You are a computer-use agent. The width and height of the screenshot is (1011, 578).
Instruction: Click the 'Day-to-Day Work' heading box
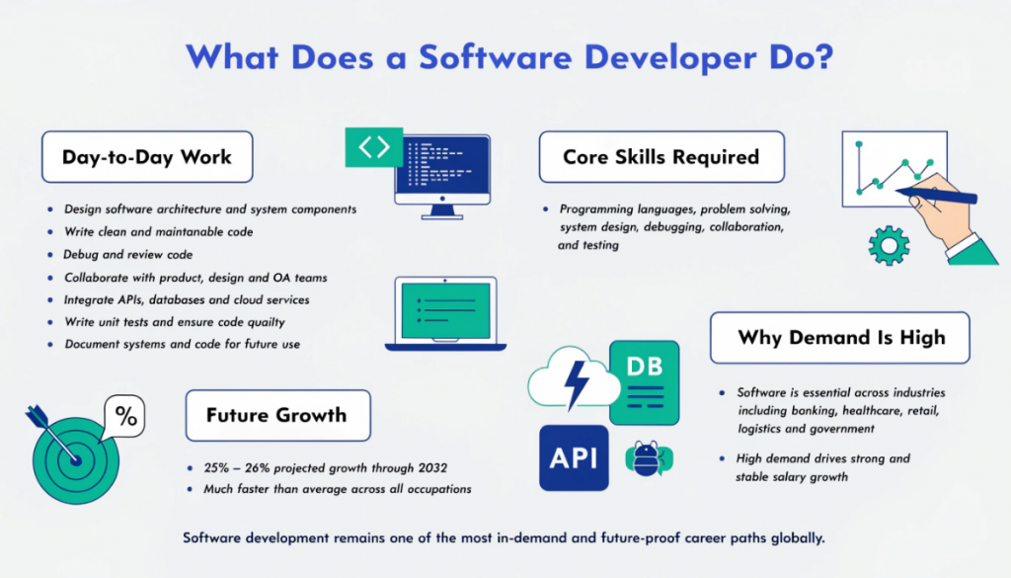(147, 157)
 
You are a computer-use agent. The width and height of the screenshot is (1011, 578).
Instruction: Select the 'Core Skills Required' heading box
(661, 157)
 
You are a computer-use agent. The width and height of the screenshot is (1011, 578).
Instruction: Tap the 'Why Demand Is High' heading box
(839, 338)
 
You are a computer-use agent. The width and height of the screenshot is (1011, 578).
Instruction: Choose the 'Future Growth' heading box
(276, 415)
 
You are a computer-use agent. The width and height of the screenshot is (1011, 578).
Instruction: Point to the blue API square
(574, 457)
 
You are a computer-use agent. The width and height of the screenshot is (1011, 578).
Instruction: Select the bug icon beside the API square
(648, 457)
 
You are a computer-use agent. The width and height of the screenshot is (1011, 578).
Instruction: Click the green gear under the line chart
(889, 244)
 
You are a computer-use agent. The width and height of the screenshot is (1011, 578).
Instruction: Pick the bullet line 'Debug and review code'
(128, 254)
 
